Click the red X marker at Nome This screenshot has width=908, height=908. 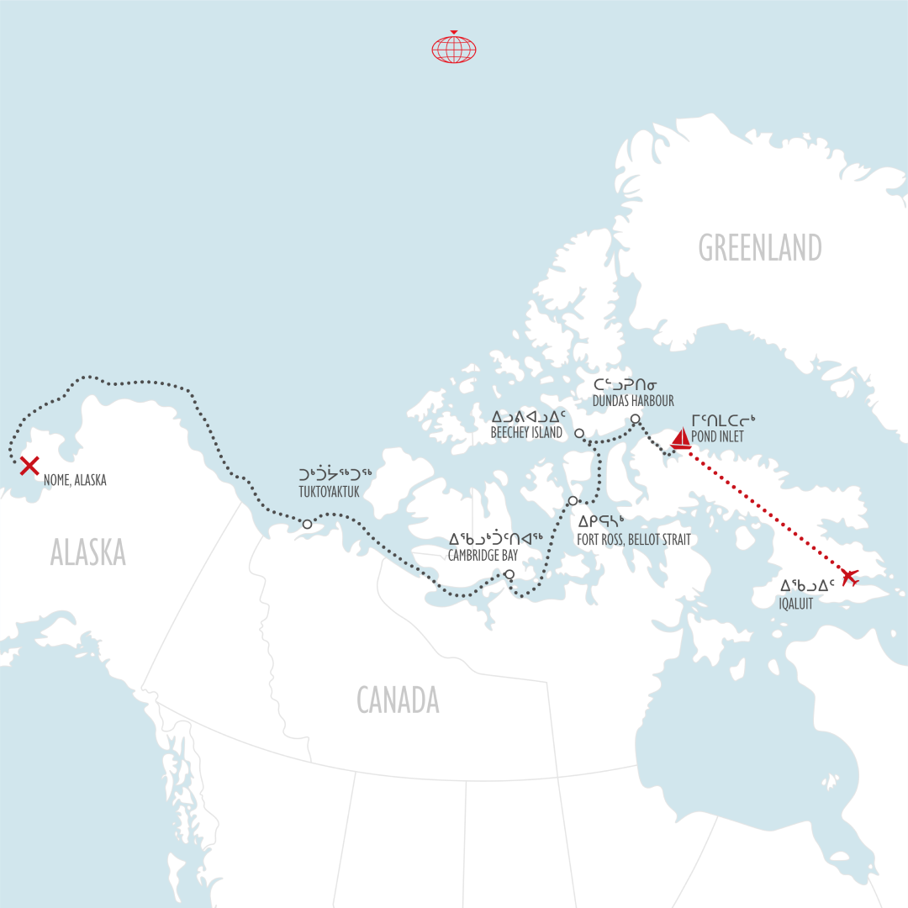click(29, 465)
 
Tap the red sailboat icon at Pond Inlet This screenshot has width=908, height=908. click(681, 438)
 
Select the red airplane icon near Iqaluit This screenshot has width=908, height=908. click(849, 578)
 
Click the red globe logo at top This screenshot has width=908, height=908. click(454, 48)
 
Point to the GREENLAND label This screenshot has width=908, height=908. click(760, 248)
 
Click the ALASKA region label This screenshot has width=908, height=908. click(87, 552)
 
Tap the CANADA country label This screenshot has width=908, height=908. click(398, 699)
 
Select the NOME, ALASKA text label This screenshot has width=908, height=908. click(75, 481)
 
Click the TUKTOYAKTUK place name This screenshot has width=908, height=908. click(329, 492)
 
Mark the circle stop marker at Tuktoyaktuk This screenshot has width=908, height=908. click(307, 524)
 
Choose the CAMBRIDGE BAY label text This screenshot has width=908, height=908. click(483, 556)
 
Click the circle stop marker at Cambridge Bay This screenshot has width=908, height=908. click(509, 575)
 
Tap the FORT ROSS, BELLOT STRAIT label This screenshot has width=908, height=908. click(633, 540)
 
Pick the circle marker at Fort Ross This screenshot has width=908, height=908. click(573, 501)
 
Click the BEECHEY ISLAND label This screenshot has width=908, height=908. click(525, 433)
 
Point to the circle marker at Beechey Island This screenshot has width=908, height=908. click(579, 434)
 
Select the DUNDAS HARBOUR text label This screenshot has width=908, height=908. click(633, 401)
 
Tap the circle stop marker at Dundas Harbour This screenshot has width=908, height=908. click(636, 419)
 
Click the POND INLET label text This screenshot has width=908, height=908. click(719, 437)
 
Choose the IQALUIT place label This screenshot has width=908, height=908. click(796, 603)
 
